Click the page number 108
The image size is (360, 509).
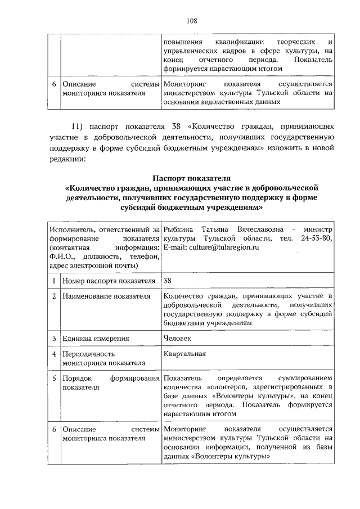(191, 20)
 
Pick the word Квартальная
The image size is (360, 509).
(184, 354)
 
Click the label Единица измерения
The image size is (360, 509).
(96, 339)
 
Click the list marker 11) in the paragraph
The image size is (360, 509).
(76, 125)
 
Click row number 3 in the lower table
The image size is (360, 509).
(53, 339)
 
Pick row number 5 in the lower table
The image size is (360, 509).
(53, 378)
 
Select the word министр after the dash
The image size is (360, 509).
(318, 229)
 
